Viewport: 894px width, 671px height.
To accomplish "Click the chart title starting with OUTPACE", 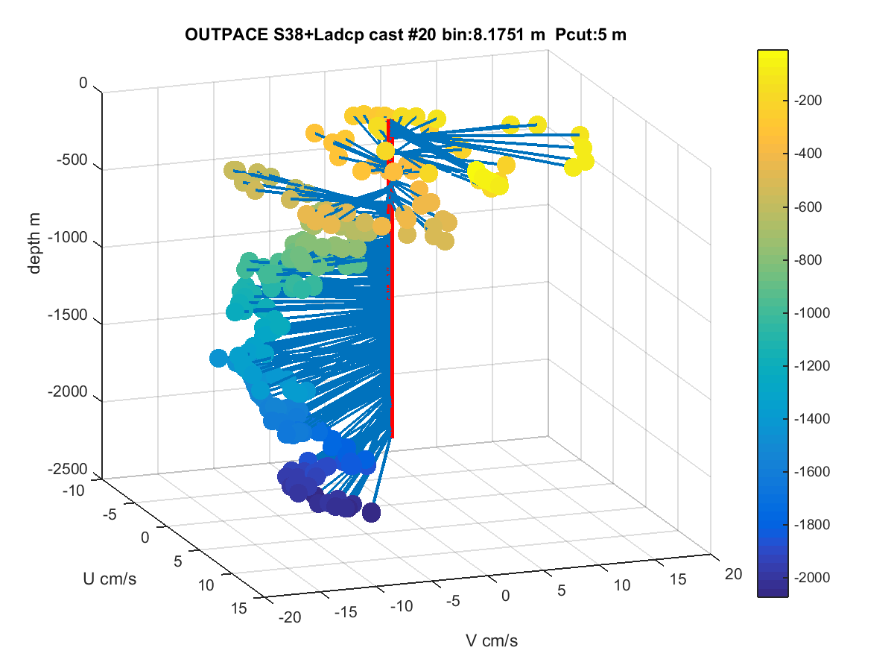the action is point(405,34).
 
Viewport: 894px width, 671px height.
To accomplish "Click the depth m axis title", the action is point(34,243).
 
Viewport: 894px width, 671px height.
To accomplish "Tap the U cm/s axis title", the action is point(110,579).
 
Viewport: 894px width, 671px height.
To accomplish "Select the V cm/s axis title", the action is point(492,641).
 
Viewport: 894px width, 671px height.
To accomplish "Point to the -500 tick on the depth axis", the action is point(72,160).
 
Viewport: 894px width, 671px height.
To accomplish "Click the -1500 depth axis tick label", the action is point(68,315).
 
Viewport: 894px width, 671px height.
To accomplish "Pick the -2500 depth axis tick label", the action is point(68,469).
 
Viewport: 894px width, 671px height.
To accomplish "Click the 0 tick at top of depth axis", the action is point(83,83).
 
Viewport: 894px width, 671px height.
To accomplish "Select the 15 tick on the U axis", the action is point(238,608).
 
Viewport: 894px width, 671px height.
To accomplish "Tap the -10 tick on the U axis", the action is point(74,491).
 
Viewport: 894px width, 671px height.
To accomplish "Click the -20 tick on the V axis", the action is point(290,617).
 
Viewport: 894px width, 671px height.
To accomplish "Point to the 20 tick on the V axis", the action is point(733,574).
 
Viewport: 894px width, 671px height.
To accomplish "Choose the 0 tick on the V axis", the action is point(505,596).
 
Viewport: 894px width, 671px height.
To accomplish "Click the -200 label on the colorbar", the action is point(808,100).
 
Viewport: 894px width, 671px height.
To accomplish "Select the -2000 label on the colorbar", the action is point(812,577).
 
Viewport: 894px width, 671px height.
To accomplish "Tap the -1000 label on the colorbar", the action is point(812,313).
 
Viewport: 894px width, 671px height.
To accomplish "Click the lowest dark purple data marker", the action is point(371,512).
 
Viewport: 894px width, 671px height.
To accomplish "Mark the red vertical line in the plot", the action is point(391,278).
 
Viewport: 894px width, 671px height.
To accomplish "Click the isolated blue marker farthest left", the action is point(218,358).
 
